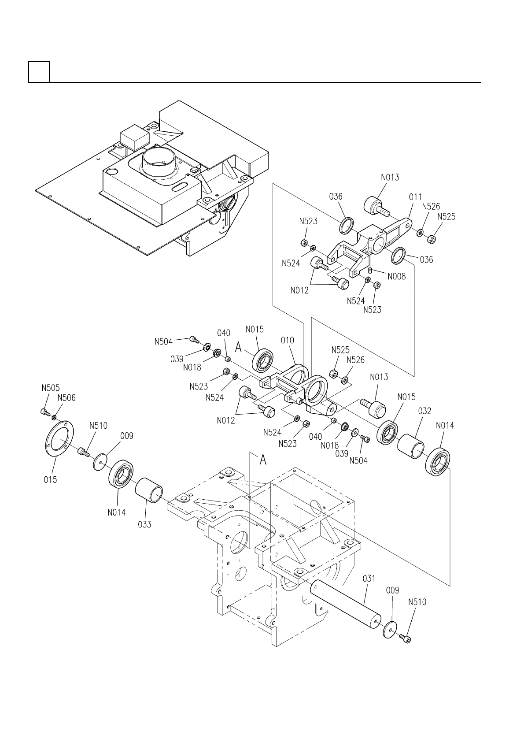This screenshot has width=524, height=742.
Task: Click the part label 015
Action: (50, 479)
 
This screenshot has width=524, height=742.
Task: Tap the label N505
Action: (51, 388)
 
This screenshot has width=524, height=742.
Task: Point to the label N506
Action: (66, 398)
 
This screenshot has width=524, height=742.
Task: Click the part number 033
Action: (144, 524)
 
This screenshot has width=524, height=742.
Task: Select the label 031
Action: (369, 579)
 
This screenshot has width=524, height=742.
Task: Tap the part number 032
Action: (424, 411)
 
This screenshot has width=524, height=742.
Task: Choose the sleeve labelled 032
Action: (410, 446)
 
